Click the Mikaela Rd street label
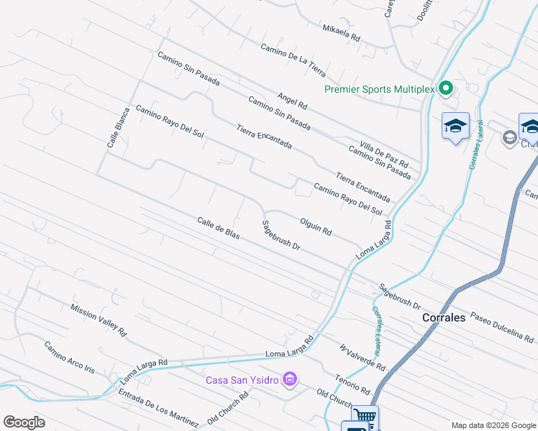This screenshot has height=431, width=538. point(341,32)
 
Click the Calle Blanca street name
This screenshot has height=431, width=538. point(118,128)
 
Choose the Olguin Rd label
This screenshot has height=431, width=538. point(315,226)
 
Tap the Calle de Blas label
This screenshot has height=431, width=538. point(218,228)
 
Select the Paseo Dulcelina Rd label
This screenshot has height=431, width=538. point(502,327)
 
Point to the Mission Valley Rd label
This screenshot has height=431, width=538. point(98,320)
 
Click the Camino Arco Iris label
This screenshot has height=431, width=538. point(69,358)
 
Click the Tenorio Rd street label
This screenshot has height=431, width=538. point(352,384)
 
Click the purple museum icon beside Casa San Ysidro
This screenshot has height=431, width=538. point(290,379)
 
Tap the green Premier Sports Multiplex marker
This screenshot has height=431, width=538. point(445,89)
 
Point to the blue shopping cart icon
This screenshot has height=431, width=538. point(365,417)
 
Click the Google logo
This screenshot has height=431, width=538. point(24,422)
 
